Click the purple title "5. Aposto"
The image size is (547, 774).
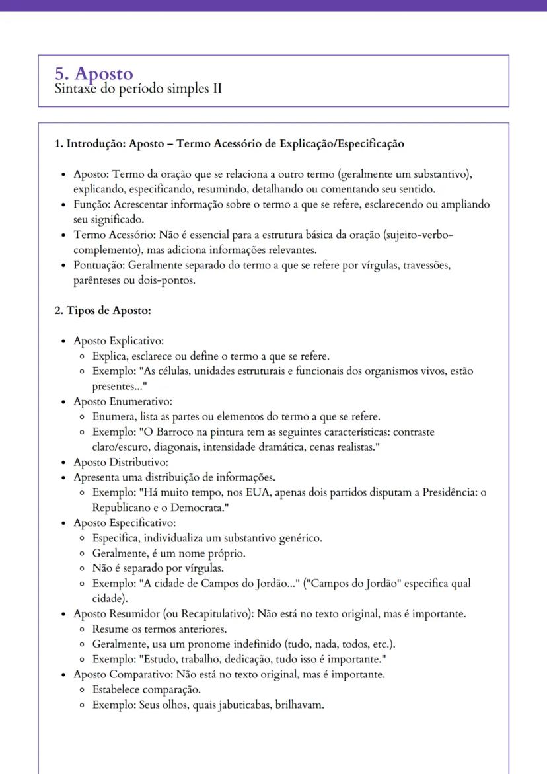click(94, 74)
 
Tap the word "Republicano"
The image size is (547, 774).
click(121, 508)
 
